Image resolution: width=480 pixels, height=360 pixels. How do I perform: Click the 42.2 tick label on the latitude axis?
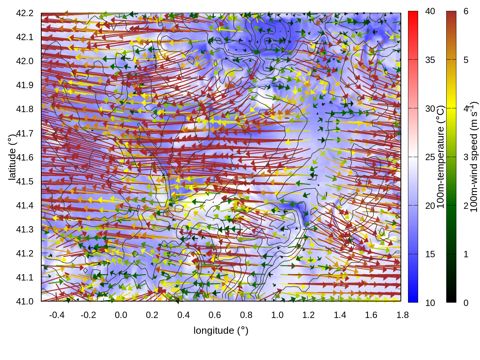25,13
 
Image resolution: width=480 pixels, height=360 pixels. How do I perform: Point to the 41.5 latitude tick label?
25,181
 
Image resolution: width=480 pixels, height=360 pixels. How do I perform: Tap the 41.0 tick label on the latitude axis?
25,301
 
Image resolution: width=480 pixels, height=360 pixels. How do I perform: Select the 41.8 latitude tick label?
25,109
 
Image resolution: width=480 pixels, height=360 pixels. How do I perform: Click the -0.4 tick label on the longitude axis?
57,315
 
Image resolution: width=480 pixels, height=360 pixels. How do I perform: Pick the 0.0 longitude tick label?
121,315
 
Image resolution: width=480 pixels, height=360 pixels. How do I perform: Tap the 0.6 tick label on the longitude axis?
215,315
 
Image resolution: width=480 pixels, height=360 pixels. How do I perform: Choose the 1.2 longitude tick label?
309,315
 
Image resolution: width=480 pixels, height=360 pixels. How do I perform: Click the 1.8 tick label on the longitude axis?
403,315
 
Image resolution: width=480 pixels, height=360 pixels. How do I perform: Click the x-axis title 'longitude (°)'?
221,330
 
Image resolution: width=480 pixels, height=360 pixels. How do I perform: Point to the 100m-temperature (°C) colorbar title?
441,157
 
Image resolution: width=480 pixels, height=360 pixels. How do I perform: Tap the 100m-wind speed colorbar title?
474,157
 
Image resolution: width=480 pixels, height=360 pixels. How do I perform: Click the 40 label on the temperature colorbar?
430,12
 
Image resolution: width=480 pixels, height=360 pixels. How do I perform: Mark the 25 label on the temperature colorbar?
430,157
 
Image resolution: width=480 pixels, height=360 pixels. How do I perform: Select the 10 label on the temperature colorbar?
430,303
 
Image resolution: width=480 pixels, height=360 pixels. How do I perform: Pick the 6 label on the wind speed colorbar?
466,12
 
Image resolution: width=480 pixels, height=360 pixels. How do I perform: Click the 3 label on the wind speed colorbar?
466,157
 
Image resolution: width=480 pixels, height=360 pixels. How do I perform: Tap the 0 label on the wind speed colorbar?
466,303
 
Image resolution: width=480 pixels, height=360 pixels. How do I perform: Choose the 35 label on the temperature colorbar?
430,60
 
